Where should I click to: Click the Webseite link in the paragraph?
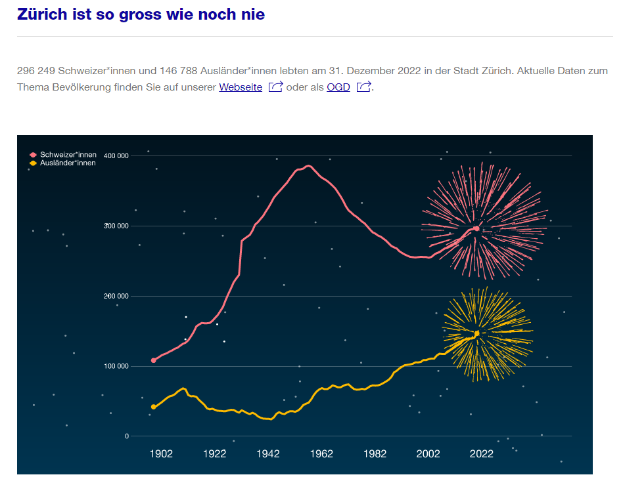(x=241, y=87)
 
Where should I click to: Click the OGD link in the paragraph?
(x=338, y=87)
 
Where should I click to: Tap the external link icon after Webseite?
(x=275, y=87)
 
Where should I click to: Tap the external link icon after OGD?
(x=364, y=87)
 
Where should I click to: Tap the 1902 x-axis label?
(x=161, y=454)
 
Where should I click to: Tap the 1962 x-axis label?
(x=321, y=454)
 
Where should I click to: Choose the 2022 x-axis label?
(x=482, y=454)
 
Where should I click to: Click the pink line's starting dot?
(x=154, y=360)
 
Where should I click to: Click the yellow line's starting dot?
(x=154, y=407)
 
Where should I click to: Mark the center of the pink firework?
(x=476, y=228)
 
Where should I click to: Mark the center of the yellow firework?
(x=477, y=333)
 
